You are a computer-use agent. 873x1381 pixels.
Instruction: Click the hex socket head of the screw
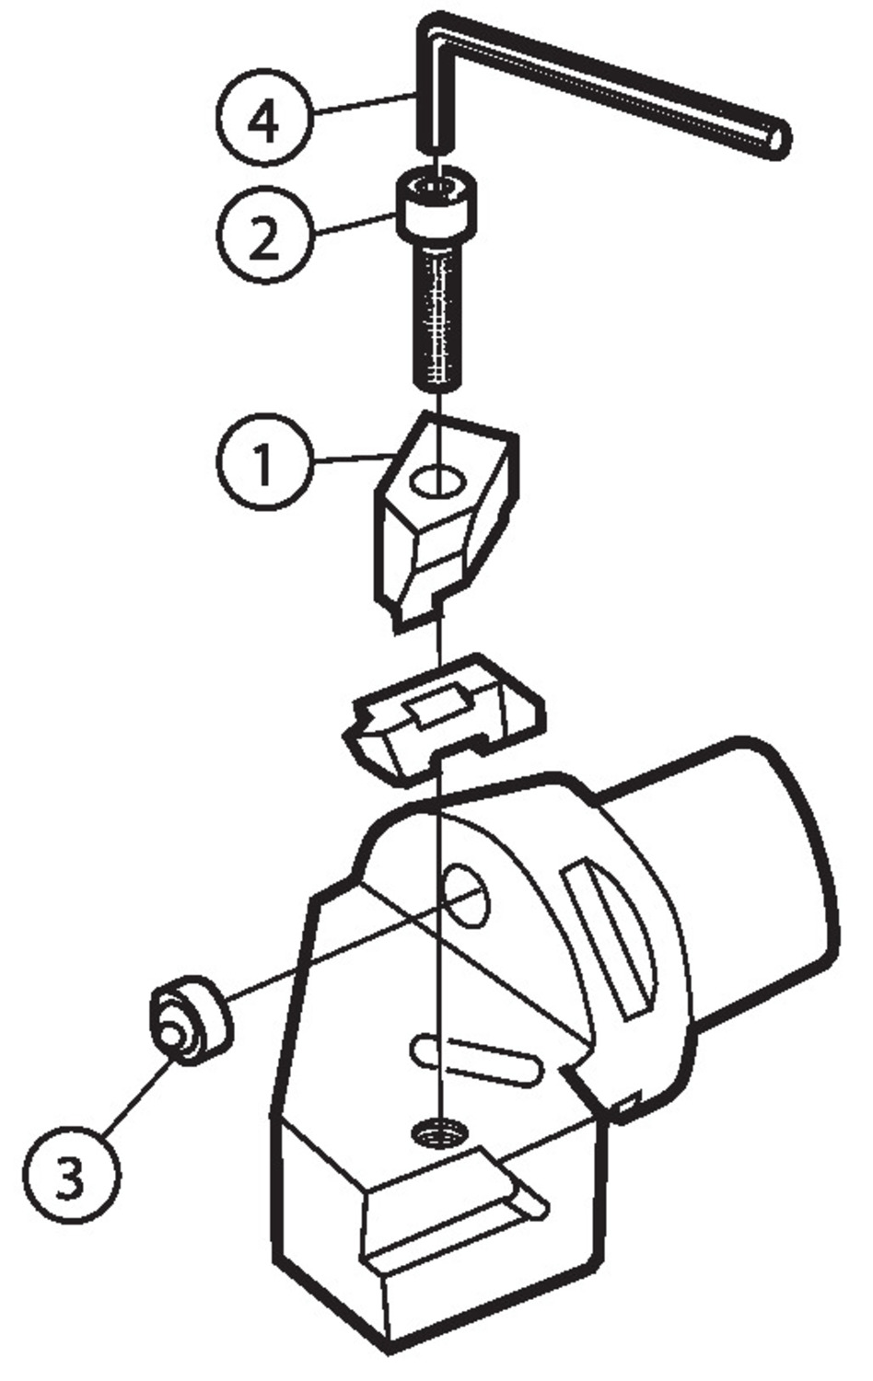(x=437, y=203)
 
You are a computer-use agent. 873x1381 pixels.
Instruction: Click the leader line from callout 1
(x=352, y=458)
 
